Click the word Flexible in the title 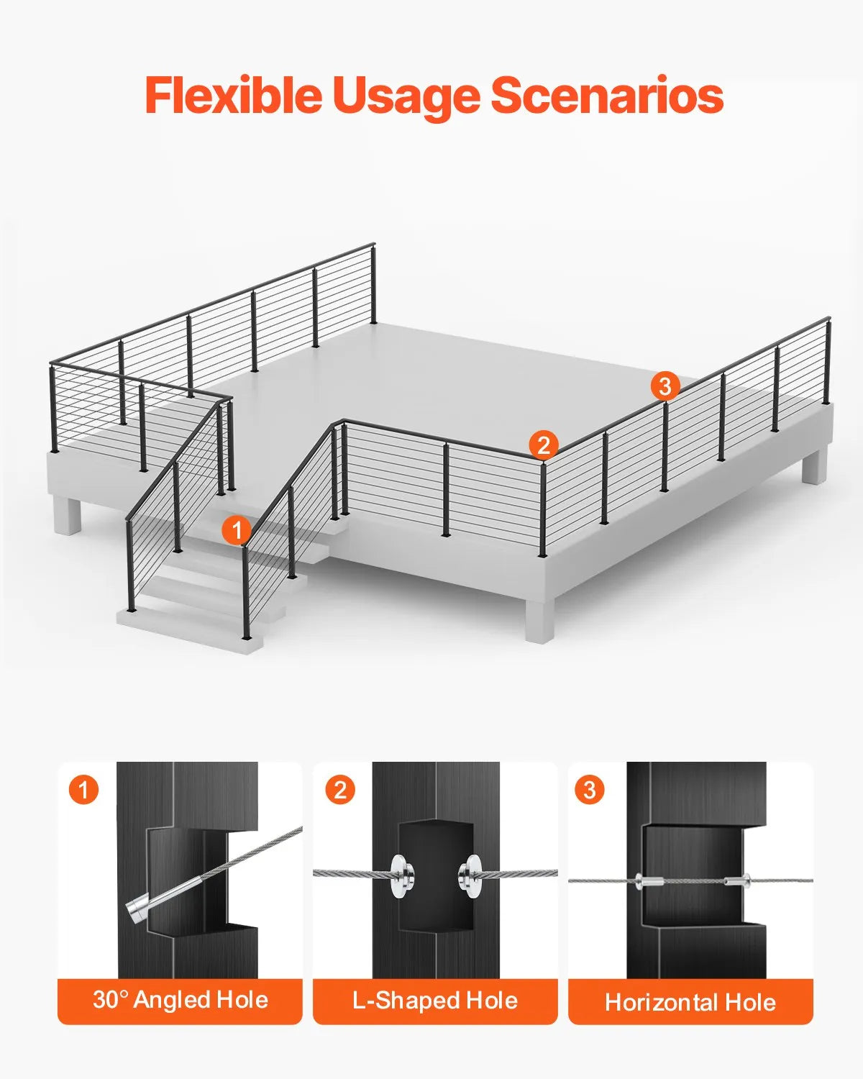[x=232, y=96]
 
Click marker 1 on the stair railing [x=237, y=531]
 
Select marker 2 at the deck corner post [x=544, y=445]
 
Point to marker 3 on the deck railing [x=665, y=386]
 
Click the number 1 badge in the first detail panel [x=83, y=790]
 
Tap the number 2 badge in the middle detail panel [x=340, y=790]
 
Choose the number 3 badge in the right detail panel [x=590, y=790]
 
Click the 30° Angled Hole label [x=180, y=1000]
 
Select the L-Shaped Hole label [x=435, y=1000]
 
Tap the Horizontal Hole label [x=690, y=1001]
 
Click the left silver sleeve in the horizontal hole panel [x=647, y=880]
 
